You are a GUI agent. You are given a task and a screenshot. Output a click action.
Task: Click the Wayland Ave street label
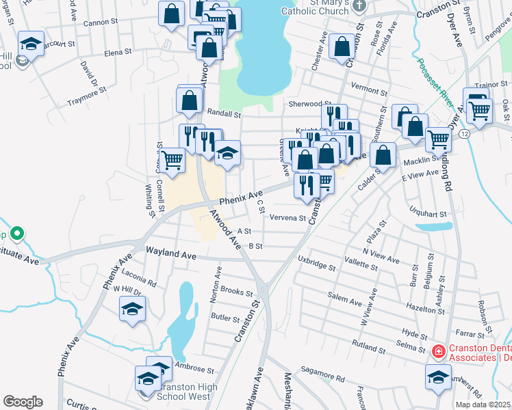[x=170, y=256]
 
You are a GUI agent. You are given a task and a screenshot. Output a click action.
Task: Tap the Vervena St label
[x=287, y=218]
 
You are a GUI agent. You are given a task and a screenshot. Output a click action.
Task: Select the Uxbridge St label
[x=317, y=262]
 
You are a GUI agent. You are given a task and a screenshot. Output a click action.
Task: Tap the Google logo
[x=23, y=402]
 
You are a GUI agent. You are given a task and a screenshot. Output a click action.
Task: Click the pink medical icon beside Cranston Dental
[x=438, y=352]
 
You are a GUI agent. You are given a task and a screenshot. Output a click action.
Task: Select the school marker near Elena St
[x=31, y=45]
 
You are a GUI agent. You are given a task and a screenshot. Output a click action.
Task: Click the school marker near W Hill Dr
[x=132, y=309]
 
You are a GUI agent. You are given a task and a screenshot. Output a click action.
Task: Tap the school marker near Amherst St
[x=438, y=377]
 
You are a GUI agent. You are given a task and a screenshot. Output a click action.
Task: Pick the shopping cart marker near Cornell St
[x=173, y=161]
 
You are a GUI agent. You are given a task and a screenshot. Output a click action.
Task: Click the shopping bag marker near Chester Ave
[x=341, y=47]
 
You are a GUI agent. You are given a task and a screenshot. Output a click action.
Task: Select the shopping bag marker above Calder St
[x=384, y=154]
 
